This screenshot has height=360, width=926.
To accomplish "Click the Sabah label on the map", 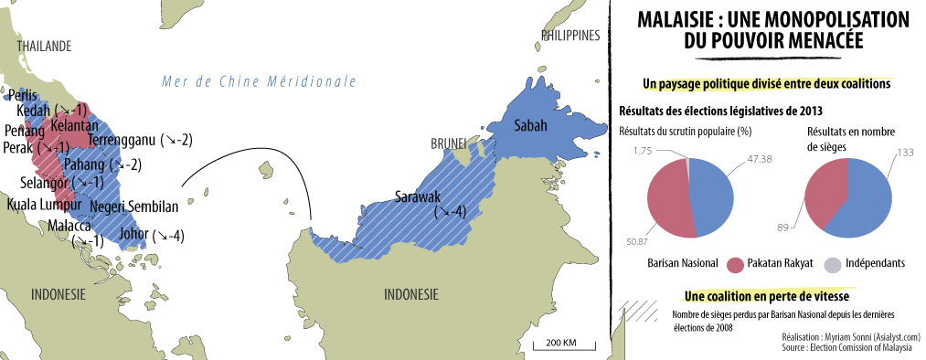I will [x=533, y=125].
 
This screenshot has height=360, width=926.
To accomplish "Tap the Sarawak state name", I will [x=419, y=196].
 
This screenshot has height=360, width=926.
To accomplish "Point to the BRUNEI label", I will [x=449, y=144].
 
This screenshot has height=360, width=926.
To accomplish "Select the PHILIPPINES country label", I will [x=570, y=36].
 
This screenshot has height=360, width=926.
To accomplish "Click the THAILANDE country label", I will [x=37, y=46].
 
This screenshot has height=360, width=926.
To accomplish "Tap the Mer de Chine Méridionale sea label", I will [x=258, y=81].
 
